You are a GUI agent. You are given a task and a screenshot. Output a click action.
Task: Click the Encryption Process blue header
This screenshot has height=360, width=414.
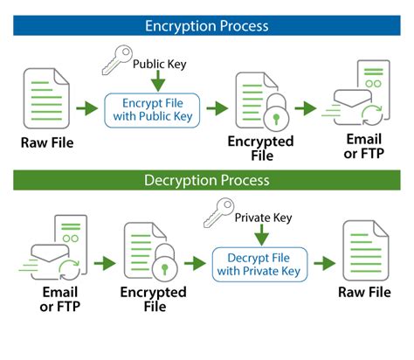coord(207,26)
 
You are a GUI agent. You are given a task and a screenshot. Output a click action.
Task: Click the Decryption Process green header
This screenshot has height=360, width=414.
coord(207,180)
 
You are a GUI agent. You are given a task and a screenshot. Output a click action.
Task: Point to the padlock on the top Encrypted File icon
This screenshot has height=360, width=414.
coord(273,116)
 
